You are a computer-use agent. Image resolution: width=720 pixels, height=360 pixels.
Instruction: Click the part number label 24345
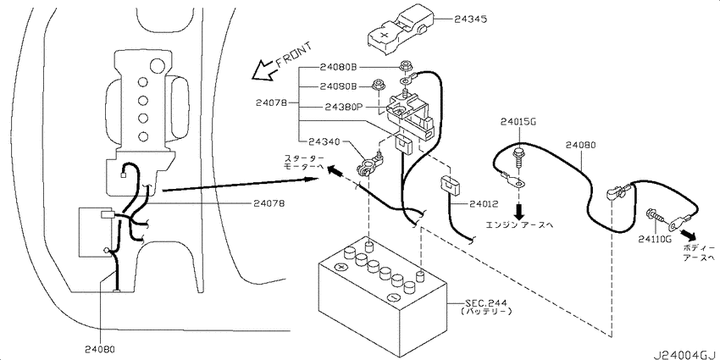pyautogui.click(x=471, y=19)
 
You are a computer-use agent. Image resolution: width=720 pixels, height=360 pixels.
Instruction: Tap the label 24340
pyautogui.click(x=324, y=141)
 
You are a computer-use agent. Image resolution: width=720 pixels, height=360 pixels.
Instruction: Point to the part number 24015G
pyautogui.click(x=518, y=122)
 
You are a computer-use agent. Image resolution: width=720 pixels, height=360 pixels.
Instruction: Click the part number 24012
pyautogui.click(x=484, y=204)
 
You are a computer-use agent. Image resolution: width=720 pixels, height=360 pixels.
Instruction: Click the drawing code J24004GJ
pyautogui.click(x=685, y=355)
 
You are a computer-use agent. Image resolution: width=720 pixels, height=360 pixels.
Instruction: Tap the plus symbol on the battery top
pyautogui.click(x=341, y=267)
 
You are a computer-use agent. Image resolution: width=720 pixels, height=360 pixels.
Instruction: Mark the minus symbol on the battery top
pyautogui.click(x=393, y=296)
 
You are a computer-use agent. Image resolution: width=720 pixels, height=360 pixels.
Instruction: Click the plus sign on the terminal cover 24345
pyautogui.click(x=385, y=34)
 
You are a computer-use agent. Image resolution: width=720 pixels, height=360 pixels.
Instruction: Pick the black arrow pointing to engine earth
pyautogui.click(x=519, y=211)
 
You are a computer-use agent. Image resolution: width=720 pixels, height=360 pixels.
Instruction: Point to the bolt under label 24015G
pyautogui.click(x=519, y=157)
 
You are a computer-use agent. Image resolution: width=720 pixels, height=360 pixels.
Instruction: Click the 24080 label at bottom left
pyautogui.click(x=100, y=348)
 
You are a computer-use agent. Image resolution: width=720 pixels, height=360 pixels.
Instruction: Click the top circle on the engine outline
pyautogui.click(x=157, y=64)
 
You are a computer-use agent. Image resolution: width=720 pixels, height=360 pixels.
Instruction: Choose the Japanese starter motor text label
pyautogui.click(x=303, y=163)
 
